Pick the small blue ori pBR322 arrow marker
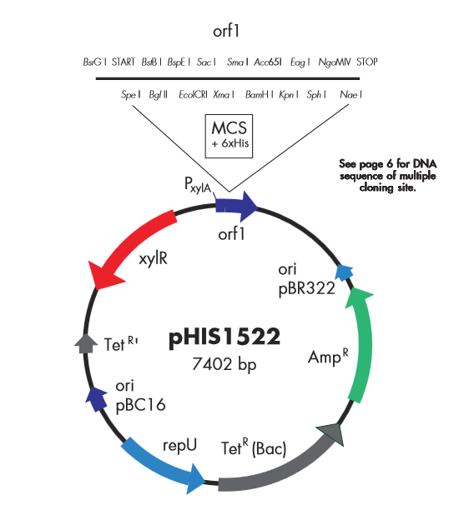click(342, 272)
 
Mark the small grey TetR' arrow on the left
click(84, 342)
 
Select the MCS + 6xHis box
click(229, 134)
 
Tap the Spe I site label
click(130, 96)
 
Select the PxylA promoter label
click(196, 182)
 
